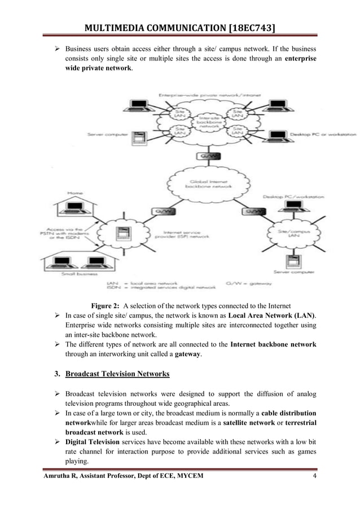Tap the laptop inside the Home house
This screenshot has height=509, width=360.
pos(76,209)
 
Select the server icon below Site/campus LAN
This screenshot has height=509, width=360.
pos(292,262)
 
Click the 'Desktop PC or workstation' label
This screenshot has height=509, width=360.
pos(323,135)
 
